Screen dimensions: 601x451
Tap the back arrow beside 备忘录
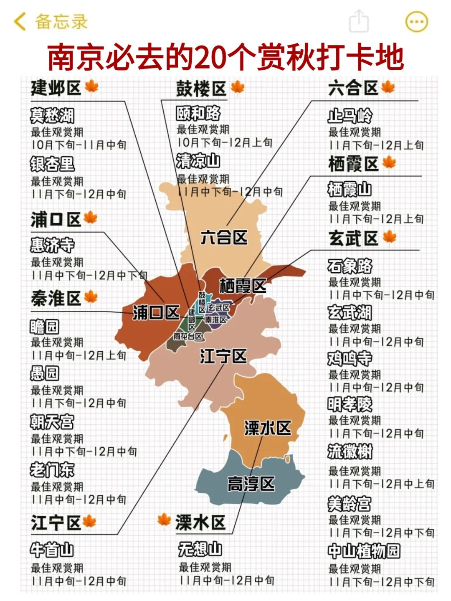[19, 21]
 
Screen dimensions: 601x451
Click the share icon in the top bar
[359, 21]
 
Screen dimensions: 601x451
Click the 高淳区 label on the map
[251, 484]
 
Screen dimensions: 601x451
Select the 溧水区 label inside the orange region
[267, 428]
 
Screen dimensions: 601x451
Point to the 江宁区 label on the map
[223, 356]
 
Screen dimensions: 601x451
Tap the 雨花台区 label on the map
[188, 336]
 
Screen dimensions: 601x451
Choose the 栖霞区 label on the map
[243, 286]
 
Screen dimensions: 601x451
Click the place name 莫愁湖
[52, 116]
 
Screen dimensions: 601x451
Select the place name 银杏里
[52, 164]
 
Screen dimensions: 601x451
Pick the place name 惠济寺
[52, 245]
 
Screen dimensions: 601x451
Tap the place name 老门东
[52, 470]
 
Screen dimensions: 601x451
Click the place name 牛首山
[52, 550]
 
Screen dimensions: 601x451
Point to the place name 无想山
[200, 549]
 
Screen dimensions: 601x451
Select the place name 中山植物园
[364, 551]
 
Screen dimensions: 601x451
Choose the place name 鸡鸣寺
[350, 358]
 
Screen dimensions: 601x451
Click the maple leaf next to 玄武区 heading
[390, 237]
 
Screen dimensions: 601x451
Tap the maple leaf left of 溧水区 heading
[164, 520]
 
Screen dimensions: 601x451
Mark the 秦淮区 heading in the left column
[56, 299]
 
